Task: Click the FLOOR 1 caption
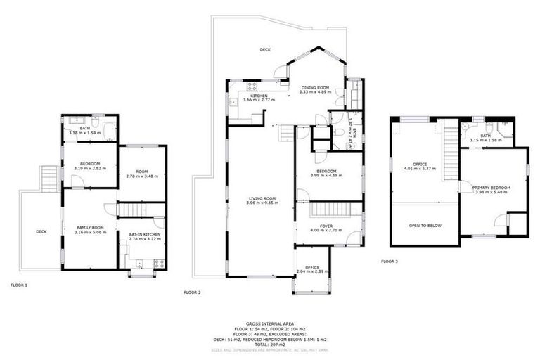[19, 285]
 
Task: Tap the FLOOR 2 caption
[192, 292]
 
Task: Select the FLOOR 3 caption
[390, 262]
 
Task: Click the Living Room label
[261, 198]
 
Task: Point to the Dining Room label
[314, 88]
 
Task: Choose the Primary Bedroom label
[491, 188]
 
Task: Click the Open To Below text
[425, 226]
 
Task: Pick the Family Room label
[90, 227]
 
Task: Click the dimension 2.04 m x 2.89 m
[313, 271]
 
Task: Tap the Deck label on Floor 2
[265, 49]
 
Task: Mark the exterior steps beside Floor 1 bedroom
[48, 178]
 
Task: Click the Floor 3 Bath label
[485, 136]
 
